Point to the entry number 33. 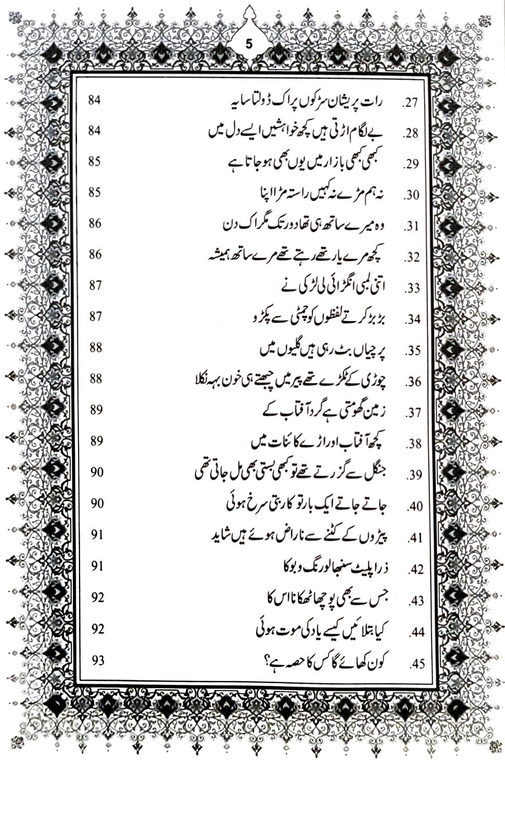point(412,289)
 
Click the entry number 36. point(413,382)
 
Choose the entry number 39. point(414,475)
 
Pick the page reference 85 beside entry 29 point(94,162)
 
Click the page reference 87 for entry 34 point(95,316)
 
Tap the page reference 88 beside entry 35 point(96,347)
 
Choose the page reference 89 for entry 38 point(96,440)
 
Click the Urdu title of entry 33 point(334,285)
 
